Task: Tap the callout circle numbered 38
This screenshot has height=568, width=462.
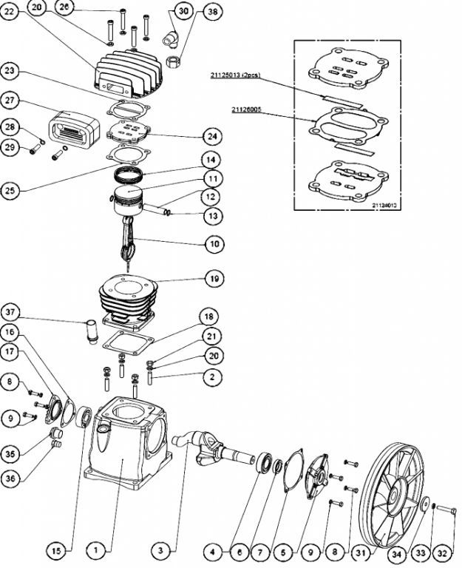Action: pyautogui.click(x=212, y=12)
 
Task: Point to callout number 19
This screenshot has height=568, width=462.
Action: pyautogui.click(x=211, y=280)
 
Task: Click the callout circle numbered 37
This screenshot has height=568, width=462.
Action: pyautogui.click(x=10, y=310)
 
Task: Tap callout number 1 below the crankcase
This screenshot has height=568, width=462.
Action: pyautogui.click(x=96, y=550)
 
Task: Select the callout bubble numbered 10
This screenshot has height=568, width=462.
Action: pyautogui.click(x=211, y=243)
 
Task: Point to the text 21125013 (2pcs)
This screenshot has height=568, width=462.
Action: pyautogui.click(x=234, y=75)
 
